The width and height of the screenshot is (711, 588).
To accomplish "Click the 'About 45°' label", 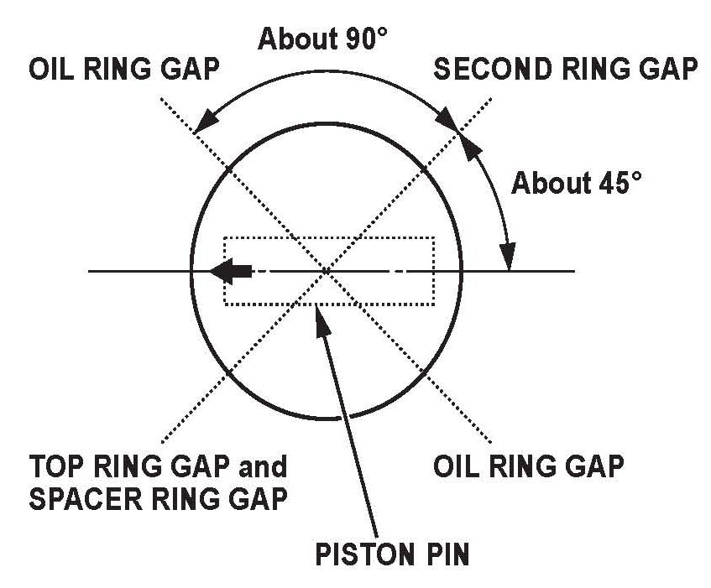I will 575,183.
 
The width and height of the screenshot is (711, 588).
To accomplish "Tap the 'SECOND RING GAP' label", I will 565,70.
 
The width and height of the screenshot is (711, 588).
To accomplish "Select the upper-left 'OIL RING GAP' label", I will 123,70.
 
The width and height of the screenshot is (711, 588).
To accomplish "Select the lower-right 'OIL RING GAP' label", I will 528,466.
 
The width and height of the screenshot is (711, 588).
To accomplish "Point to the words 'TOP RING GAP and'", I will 158,466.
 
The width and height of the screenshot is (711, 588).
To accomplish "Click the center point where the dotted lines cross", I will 327,271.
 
